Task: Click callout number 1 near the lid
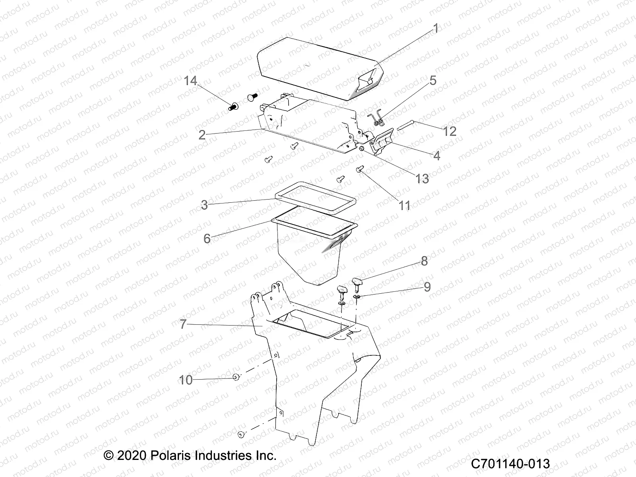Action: click(436, 29)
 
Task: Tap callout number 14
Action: click(191, 81)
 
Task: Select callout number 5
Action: click(433, 81)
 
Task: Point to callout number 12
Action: click(450, 132)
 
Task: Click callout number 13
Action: click(422, 179)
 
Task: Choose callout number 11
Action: click(405, 206)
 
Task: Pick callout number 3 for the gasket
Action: click(205, 205)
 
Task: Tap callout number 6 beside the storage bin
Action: click(207, 238)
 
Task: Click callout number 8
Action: click(424, 261)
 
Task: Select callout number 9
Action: click(427, 287)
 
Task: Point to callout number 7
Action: click(183, 324)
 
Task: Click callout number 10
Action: click(186, 380)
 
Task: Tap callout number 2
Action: click(202, 135)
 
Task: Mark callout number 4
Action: click(436, 156)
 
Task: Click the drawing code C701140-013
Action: click(510, 463)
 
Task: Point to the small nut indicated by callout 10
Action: click(236, 377)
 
